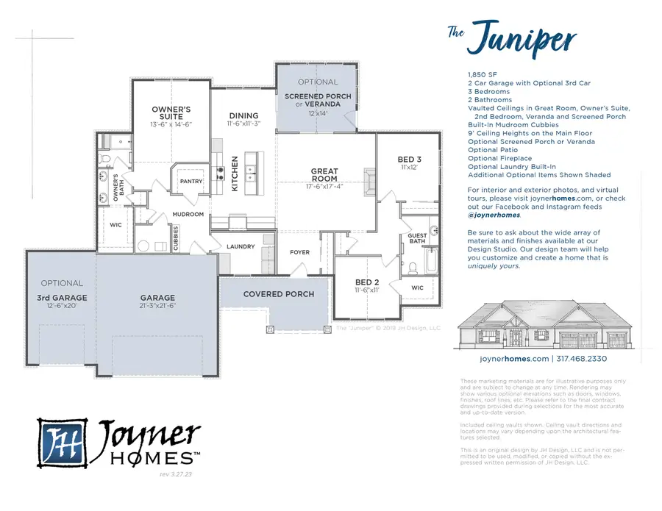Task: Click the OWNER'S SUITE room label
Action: [x=171, y=114]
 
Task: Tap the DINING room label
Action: [x=243, y=115]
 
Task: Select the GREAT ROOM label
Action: [x=324, y=175]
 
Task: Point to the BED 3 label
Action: [x=410, y=160]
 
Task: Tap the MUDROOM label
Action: [x=188, y=215]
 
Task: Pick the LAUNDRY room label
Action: [x=241, y=246]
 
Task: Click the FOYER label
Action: [x=299, y=252]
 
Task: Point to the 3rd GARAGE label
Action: [x=62, y=299]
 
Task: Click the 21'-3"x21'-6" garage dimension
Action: [x=157, y=307]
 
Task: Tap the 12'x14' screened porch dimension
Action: [x=318, y=113]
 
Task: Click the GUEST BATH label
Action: [x=417, y=238]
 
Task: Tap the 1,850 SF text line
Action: [x=482, y=75]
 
